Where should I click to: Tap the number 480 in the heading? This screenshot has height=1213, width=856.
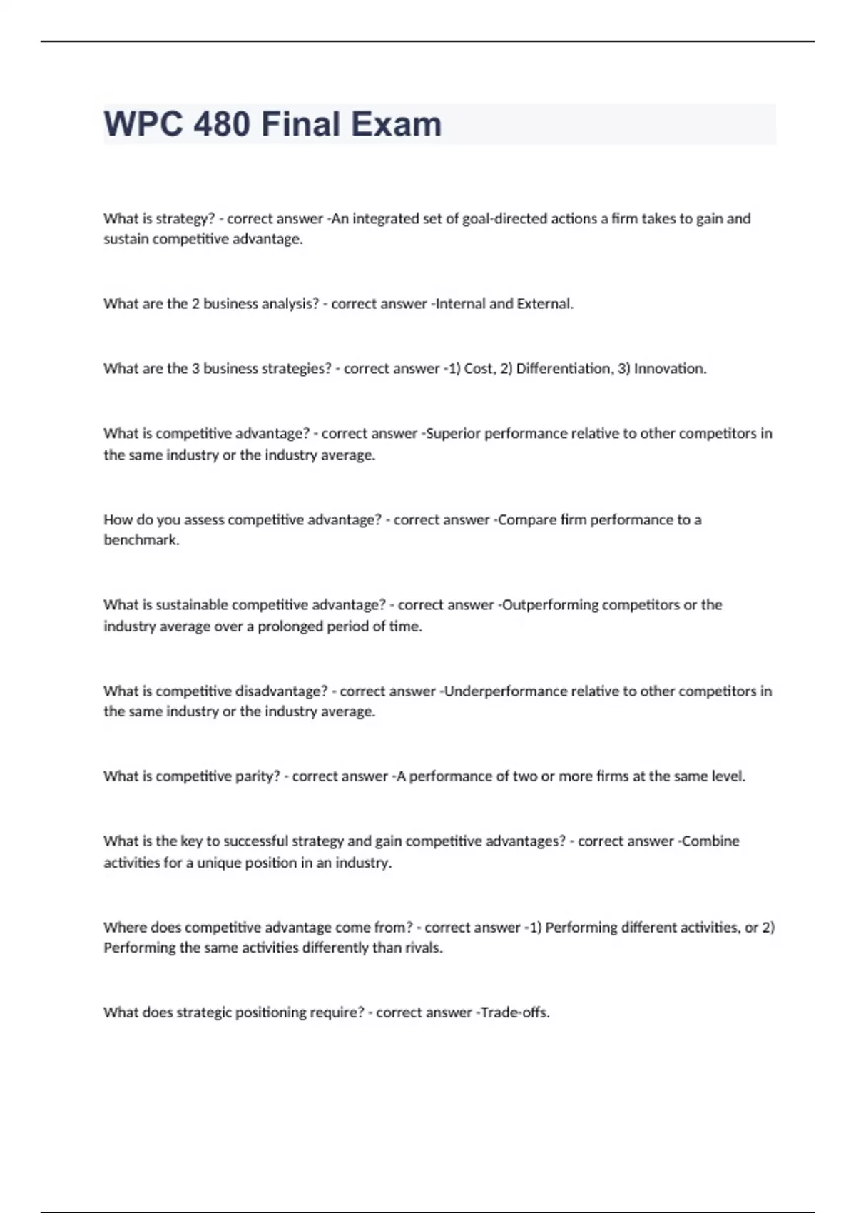(222, 124)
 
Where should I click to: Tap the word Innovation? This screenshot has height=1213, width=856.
(670, 368)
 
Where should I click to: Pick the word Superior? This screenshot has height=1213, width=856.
(453, 433)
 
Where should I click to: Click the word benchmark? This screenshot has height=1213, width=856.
(141, 540)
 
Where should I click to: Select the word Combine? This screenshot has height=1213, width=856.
(710, 841)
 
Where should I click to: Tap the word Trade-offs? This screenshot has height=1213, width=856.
(515, 1012)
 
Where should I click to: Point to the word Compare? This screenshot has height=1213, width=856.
(526, 519)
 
